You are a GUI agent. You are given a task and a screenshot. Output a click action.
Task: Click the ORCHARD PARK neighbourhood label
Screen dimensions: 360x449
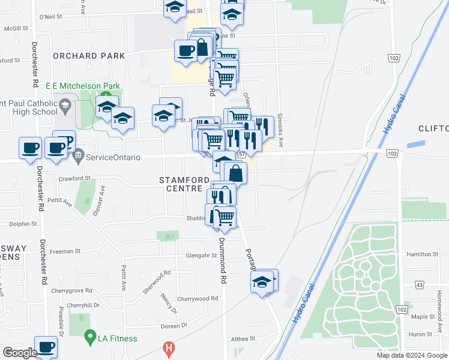[89, 56]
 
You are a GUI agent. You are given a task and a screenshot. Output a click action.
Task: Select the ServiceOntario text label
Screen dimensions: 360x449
[113, 157]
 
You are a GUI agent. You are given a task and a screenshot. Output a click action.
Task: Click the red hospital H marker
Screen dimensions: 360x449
[170, 348]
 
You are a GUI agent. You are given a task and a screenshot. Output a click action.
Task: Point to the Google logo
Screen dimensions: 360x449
[19, 353]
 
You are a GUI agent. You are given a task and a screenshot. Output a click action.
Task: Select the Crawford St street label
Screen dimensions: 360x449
[74, 178]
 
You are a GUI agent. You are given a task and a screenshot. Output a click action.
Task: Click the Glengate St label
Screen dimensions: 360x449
[200, 255]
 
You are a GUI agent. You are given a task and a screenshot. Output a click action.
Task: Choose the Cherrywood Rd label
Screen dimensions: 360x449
[197, 298]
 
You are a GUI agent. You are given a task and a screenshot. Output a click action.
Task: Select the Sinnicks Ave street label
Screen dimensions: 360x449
[280, 132]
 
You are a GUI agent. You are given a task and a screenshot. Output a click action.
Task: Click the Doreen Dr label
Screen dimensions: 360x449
[175, 325]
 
